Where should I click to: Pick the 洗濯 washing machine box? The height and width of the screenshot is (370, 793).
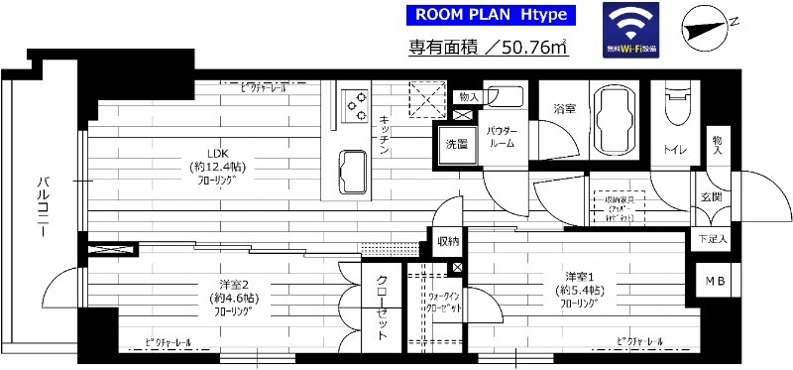[x=456, y=144]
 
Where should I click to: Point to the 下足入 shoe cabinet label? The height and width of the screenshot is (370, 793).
[x=711, y=239]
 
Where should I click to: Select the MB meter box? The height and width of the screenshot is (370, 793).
[x=715, y=282]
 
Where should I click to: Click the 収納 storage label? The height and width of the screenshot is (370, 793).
[x=447, y=240]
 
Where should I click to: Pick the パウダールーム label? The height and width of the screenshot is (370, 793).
[x=502, y=137]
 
